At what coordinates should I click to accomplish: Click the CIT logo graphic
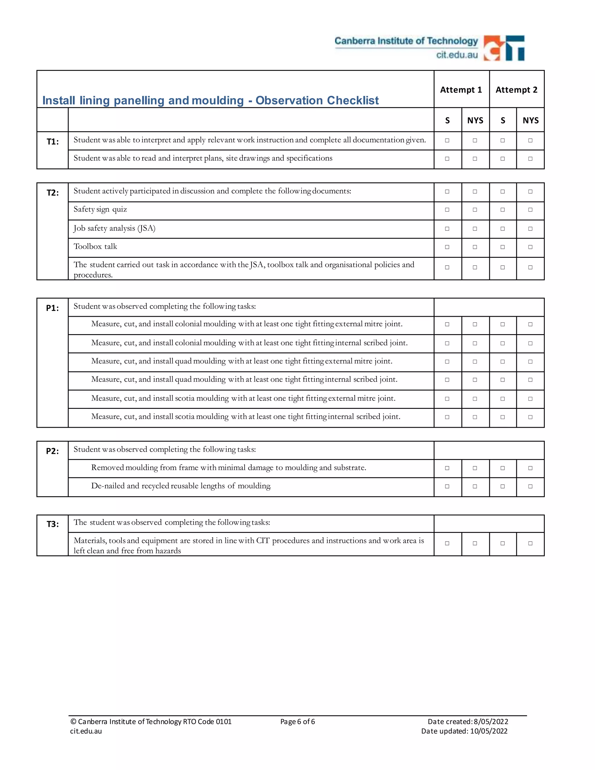(504, 48)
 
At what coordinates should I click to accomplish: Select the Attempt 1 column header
(461, 90)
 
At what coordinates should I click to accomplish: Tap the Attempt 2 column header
(516, 90)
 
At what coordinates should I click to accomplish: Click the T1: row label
(53, 142)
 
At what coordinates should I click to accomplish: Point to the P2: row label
(52, 451)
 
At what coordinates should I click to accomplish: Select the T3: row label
(53, 524)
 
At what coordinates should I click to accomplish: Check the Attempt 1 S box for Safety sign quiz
(447, 210)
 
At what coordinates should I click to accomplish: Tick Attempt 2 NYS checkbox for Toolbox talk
(530, 247)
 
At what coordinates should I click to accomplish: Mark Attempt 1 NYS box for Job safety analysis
(475, 229)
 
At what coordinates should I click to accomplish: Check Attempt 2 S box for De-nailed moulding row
(503, 486)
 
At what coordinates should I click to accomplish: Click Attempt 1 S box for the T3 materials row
(447, 543)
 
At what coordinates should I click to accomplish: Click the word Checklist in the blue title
(352, 101)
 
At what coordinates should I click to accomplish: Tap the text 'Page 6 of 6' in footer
(297, 722)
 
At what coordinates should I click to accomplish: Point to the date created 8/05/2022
(491, 722)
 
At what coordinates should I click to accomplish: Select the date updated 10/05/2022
(489, 731)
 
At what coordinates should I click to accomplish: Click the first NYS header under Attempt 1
(475, 121)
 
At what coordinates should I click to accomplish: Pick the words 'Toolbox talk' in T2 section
(95, 246)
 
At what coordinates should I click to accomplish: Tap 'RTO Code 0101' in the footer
(207, 722)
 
